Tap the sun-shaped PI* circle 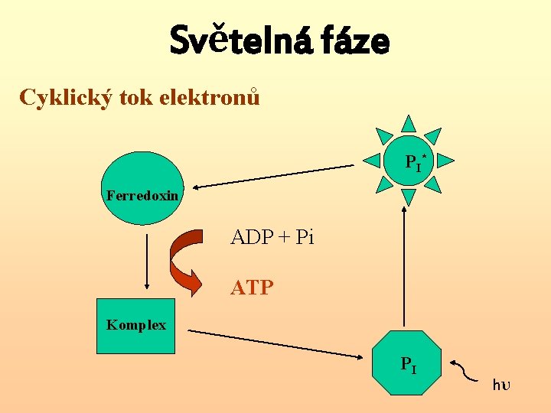(x=409, y=161)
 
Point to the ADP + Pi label (x=272, y=237)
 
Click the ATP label (x=252, y=288)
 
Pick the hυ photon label (x=500, y=384)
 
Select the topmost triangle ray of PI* (x=409, y=123)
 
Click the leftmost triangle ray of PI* (x=370, y=161)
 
